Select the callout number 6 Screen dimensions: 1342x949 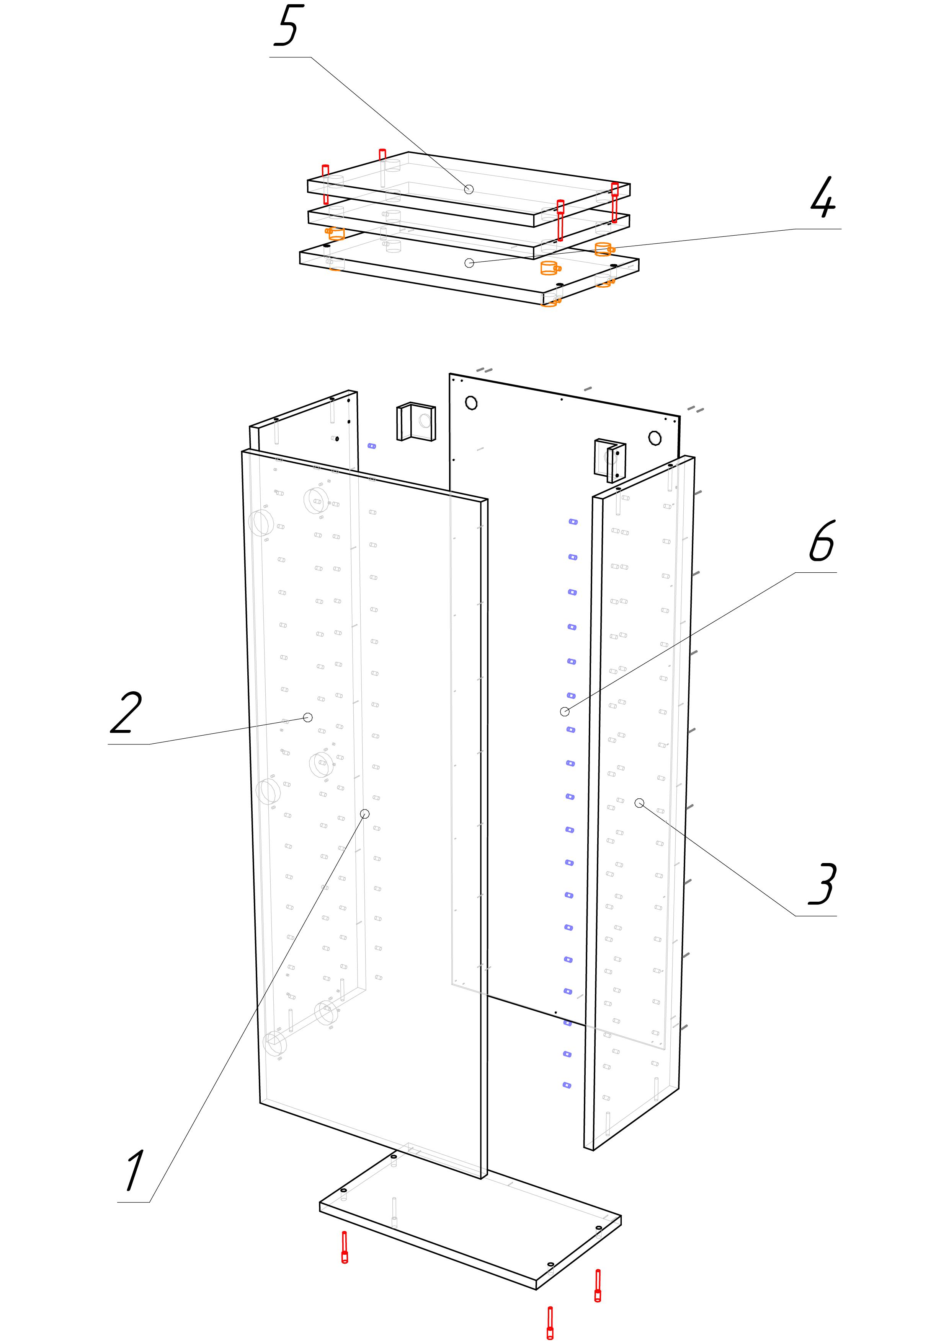(x=822, y=541)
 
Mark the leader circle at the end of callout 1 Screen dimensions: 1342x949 (x=365, y=814)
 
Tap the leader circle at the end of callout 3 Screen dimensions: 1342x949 (x=640, y=803)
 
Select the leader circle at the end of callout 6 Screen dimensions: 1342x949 (x=564, y=711)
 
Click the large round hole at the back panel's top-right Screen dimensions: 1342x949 (x=654, y=438)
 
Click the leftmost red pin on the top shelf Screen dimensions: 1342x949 (x=326, y=184)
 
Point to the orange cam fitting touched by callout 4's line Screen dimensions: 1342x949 (x=603, y=249)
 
